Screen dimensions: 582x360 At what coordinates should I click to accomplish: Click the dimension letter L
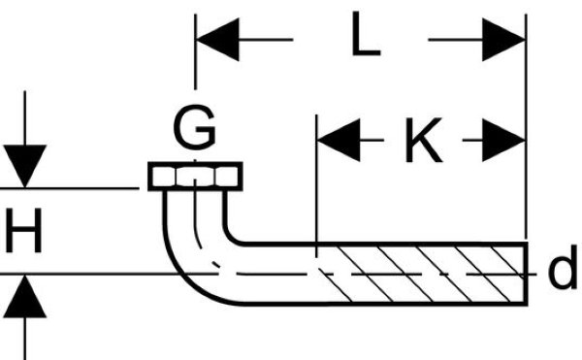point(366,34)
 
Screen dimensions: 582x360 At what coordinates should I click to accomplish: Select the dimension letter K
point(424,140)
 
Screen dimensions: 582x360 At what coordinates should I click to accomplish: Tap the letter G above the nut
point(194,127)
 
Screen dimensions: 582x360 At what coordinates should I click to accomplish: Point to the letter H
point(23,230)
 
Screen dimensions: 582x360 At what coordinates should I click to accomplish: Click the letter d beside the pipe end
point(563,267)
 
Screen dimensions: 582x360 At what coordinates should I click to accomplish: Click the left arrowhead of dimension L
point(218,39)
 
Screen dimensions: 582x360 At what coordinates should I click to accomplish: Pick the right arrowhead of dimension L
point(503,40)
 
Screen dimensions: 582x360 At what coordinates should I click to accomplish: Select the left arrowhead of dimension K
point(339,141)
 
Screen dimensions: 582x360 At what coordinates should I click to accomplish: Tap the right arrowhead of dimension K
point(503,141)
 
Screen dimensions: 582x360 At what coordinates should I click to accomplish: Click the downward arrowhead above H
point(25,166)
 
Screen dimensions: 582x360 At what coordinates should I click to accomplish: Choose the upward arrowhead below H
point(25,297)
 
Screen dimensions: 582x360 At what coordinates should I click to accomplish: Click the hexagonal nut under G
point(195,177)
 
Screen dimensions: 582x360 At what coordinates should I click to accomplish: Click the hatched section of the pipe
point(423,274)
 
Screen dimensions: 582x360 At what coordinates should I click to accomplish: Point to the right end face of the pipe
point(526,274)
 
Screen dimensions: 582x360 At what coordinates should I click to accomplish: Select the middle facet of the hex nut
point(195,177)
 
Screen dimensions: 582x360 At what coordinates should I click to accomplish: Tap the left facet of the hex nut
point(163,177)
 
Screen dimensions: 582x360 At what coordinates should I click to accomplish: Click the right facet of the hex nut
point(227,177)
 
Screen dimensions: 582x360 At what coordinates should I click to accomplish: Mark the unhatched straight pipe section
point(280,274)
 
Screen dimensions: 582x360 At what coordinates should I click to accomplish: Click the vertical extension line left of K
point(316,185)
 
